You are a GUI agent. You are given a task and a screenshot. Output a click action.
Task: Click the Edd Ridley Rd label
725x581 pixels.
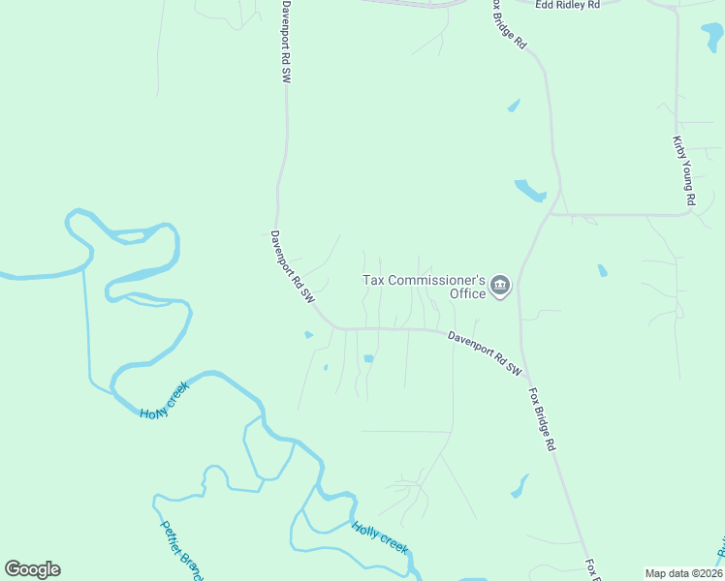[x=568, y=5]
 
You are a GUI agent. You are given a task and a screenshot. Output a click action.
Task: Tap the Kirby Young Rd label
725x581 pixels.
[x=684, y=170]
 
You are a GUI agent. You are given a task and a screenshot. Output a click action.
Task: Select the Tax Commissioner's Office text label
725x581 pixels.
[x=424, y=287]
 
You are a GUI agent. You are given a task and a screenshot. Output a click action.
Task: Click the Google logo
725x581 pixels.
[x=32, y=569]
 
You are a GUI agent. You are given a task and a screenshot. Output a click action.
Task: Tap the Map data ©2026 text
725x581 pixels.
[x=684, y=573]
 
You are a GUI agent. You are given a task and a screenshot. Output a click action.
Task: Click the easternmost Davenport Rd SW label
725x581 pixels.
[x=485, y=353]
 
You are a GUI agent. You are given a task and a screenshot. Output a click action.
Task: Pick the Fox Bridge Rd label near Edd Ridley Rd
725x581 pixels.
[x=507, y=24]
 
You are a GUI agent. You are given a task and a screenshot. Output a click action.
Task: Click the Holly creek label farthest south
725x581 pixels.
[x=380, y=537]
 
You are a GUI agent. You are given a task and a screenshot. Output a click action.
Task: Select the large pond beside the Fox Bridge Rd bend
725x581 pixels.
[x=530, y=190]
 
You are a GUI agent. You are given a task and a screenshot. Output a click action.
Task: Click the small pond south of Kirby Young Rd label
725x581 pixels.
[x=602, y=271]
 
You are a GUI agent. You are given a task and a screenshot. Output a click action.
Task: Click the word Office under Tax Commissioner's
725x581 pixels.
[x=467, y=293]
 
